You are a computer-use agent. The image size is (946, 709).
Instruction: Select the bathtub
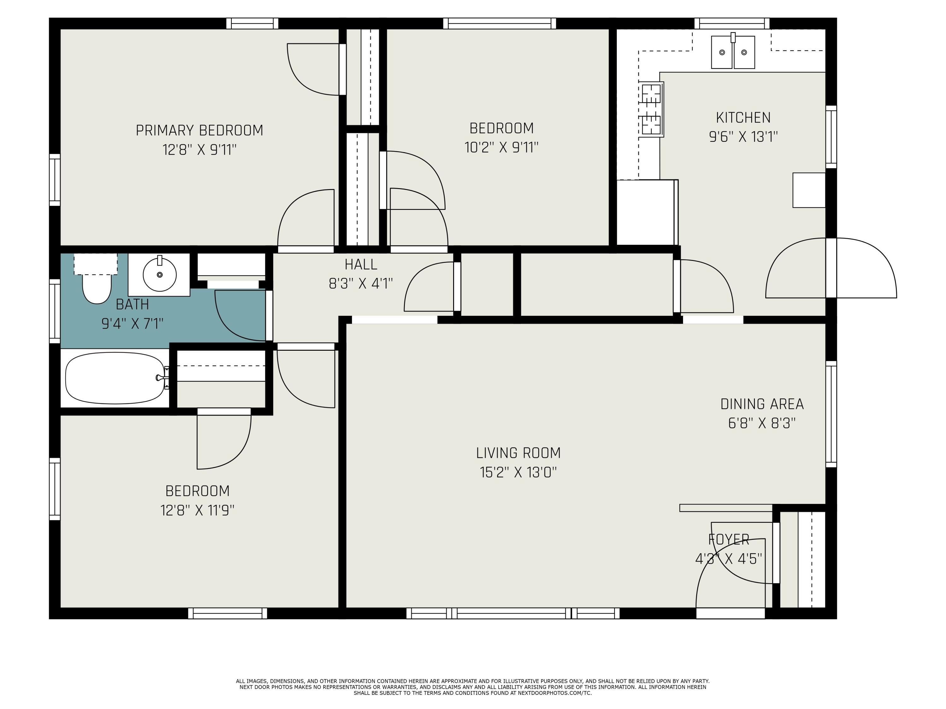tap(115, 378)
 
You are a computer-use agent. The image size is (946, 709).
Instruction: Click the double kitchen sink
tap(733, 52)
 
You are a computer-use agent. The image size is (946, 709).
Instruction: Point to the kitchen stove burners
tap(651, 109)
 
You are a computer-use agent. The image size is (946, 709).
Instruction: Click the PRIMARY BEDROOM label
tap(199, 130)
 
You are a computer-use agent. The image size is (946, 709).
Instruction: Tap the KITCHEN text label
tap(743, 118)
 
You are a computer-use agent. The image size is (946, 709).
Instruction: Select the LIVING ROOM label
tap(518, 452)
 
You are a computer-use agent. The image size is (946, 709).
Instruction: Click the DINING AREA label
tap(762, 404)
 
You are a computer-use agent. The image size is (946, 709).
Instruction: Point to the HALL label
tap(361, 265)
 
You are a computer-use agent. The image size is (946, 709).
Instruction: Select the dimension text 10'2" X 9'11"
tap(502, 147)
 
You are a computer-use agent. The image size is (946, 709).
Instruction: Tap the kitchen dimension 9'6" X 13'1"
tap(743, 137)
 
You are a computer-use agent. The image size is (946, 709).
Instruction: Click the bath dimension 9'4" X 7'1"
tap(132, 324)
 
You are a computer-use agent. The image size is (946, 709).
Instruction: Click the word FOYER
tap(729, 540)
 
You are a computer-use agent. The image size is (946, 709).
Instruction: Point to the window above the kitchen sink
tap(732, 24)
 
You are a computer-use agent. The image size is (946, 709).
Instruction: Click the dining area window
tap(831, 414)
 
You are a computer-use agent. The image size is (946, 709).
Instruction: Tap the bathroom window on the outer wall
tap(55, 311)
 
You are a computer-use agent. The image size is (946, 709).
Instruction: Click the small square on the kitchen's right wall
tap(809, 190)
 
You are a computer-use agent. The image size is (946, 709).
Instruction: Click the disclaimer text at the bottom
tap(473, 687)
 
